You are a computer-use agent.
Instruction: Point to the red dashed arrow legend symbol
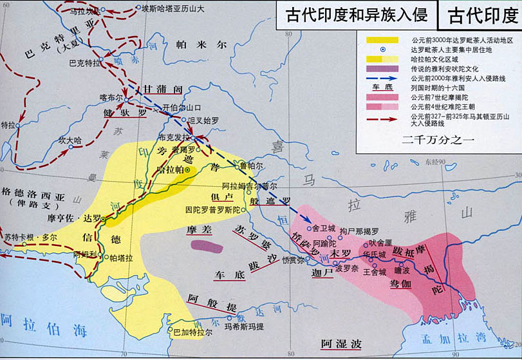click(x=380, y=117)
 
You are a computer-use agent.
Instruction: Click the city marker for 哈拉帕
click(x=187, y=170)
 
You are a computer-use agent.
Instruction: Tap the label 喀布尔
click(x=111, y=96)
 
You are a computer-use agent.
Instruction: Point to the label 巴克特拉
click(x=85, y=63)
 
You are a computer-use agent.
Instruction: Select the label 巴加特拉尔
click(x=192, y=332)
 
